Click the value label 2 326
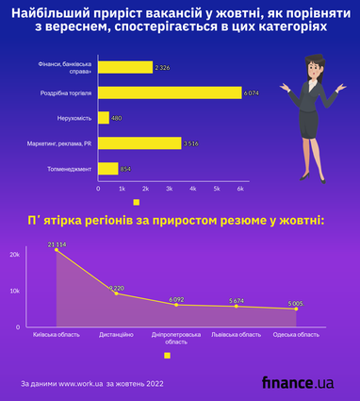click(x=163, y=67)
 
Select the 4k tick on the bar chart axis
click(x=192, y=190)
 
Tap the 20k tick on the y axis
click(x=14, y=255)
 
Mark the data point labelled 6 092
click(x=176, y=305)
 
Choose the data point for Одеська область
click(x=296, y=309)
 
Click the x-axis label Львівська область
click(x=237, y=335)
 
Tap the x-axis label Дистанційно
click(x=116, y=335)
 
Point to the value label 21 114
click(x=57, y=244)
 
